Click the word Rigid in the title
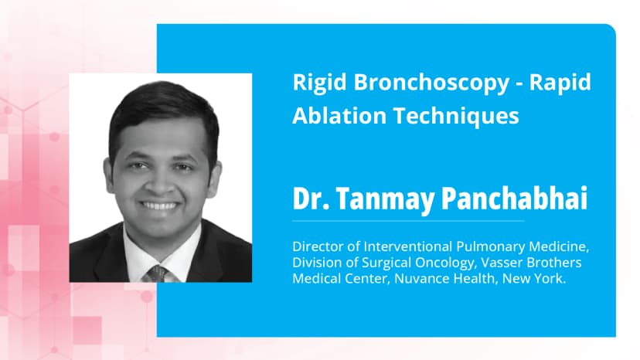tap(313, 83)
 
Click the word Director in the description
tap(318, 247)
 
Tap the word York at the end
tap(551, 278)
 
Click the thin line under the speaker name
tap(408, 221)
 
